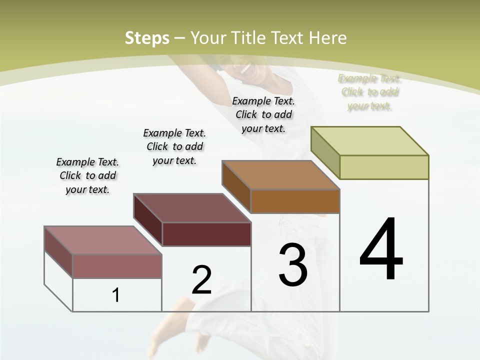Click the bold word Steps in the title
(x=147, y=38)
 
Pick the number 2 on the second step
(x=201, y=280)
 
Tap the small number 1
(x=116, y=295)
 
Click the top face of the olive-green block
(x=369, y=141)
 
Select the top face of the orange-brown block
(x=280, y=175)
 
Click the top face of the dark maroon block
(x=191, y=208)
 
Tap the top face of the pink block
(x=102, y=240)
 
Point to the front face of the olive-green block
(x=384, y=167)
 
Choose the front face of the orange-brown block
(x=295, y=201)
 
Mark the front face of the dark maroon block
(x=206, y=234)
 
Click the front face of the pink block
(x=117, y=266)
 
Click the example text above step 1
(x=87, y=175)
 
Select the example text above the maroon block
(x=174, y=146)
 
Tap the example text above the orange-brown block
(x=263, y=114)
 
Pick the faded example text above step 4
(x=369, y=92)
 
